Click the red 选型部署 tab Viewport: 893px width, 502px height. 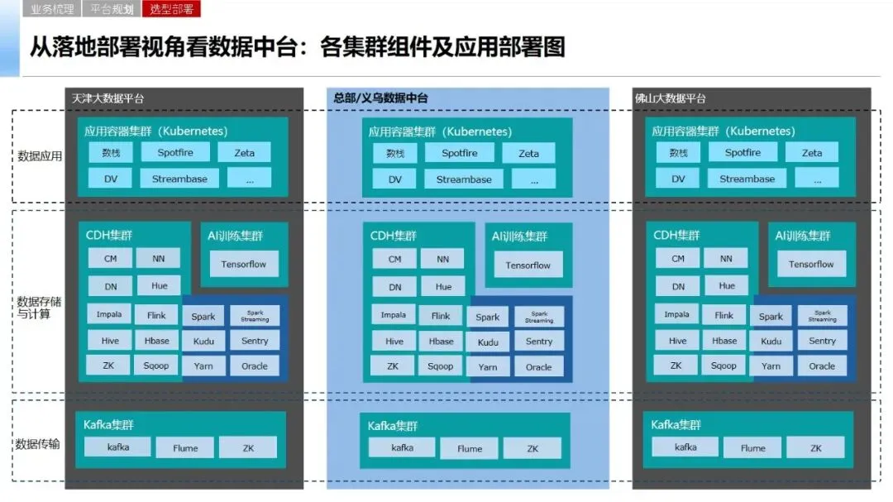[x=172, y=10]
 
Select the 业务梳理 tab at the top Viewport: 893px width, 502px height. [x=52, y=10]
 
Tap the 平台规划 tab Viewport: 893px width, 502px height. [x=112, y=10]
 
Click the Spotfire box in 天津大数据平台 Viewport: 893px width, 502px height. [x=176, y=153]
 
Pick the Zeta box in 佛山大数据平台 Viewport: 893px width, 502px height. [x=812, y=153]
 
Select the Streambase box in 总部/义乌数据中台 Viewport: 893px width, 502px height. [x=464, y=179]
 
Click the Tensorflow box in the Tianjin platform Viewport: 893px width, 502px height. [x=244, y=265]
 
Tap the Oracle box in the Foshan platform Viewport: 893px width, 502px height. [x=822, y=366]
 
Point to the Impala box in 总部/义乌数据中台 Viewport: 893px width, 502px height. [x=394, y=316]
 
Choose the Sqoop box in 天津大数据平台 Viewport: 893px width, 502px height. [x=156, y=366]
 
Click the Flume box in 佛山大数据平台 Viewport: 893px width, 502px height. [x=752, y=448]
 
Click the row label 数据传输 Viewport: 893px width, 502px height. [x=38, y=444]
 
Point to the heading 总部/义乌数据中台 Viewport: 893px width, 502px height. [x=381, y=98]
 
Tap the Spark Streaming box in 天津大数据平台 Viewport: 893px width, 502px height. [x=255, y=316]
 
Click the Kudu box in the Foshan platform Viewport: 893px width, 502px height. [x=771, y=341]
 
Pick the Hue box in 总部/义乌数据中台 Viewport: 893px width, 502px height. [x=444, y=287]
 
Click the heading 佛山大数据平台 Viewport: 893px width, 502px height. [x=671, y=98]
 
